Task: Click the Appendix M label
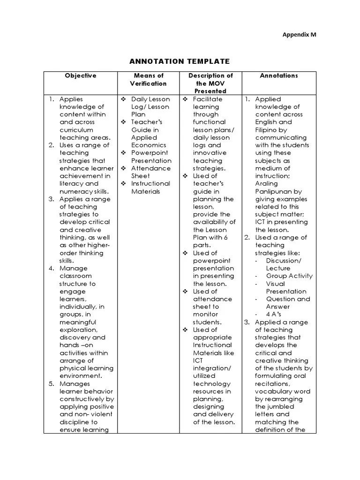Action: tap(302, 34)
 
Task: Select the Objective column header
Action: tap(81, 75)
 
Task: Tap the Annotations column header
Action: tap(279, 75)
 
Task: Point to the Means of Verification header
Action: tap(148, 79)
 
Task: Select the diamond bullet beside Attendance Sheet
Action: tap(123, 168)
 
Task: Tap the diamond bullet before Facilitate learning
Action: tap(185, 99)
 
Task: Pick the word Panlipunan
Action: tap(278, 191)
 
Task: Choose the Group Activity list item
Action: tap(289, 276)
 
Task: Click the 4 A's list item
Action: tap(274, 315)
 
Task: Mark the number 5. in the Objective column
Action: tap(52, 384)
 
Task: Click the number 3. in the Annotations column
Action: tap(246, 322)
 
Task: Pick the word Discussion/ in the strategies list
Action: tap(284, 261)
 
